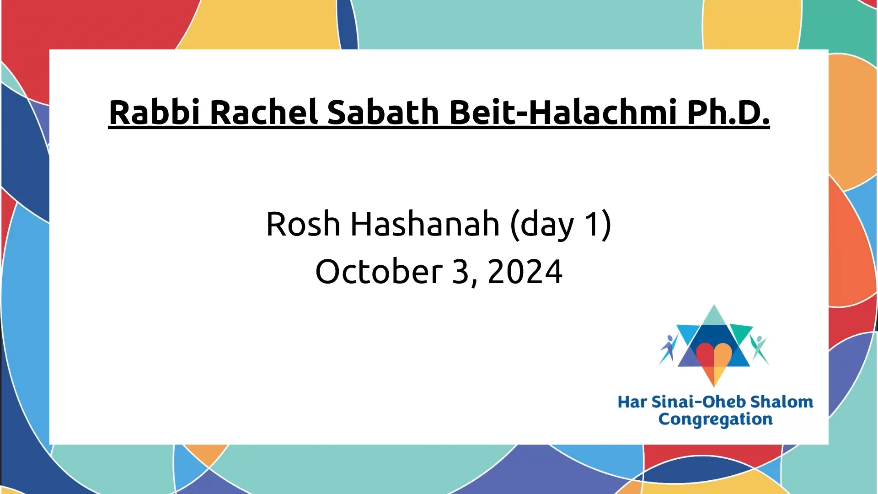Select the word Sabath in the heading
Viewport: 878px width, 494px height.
[x=383, y=112]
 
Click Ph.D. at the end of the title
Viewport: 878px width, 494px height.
[x=728, y=112]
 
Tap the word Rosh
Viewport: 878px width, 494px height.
[x=303, y=224]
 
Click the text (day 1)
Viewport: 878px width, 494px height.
[x=561, y=225]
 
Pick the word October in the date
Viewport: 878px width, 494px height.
[x=379, y=271]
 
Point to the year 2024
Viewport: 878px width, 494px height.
[x=525, y=272]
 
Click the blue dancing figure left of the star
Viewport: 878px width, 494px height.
[x=669, y=349]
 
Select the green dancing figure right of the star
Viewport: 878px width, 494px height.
[x=759, y=349]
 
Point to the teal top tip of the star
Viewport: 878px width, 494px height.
[x=714, y=305]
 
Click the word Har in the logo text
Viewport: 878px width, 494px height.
[x=632, y=402]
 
